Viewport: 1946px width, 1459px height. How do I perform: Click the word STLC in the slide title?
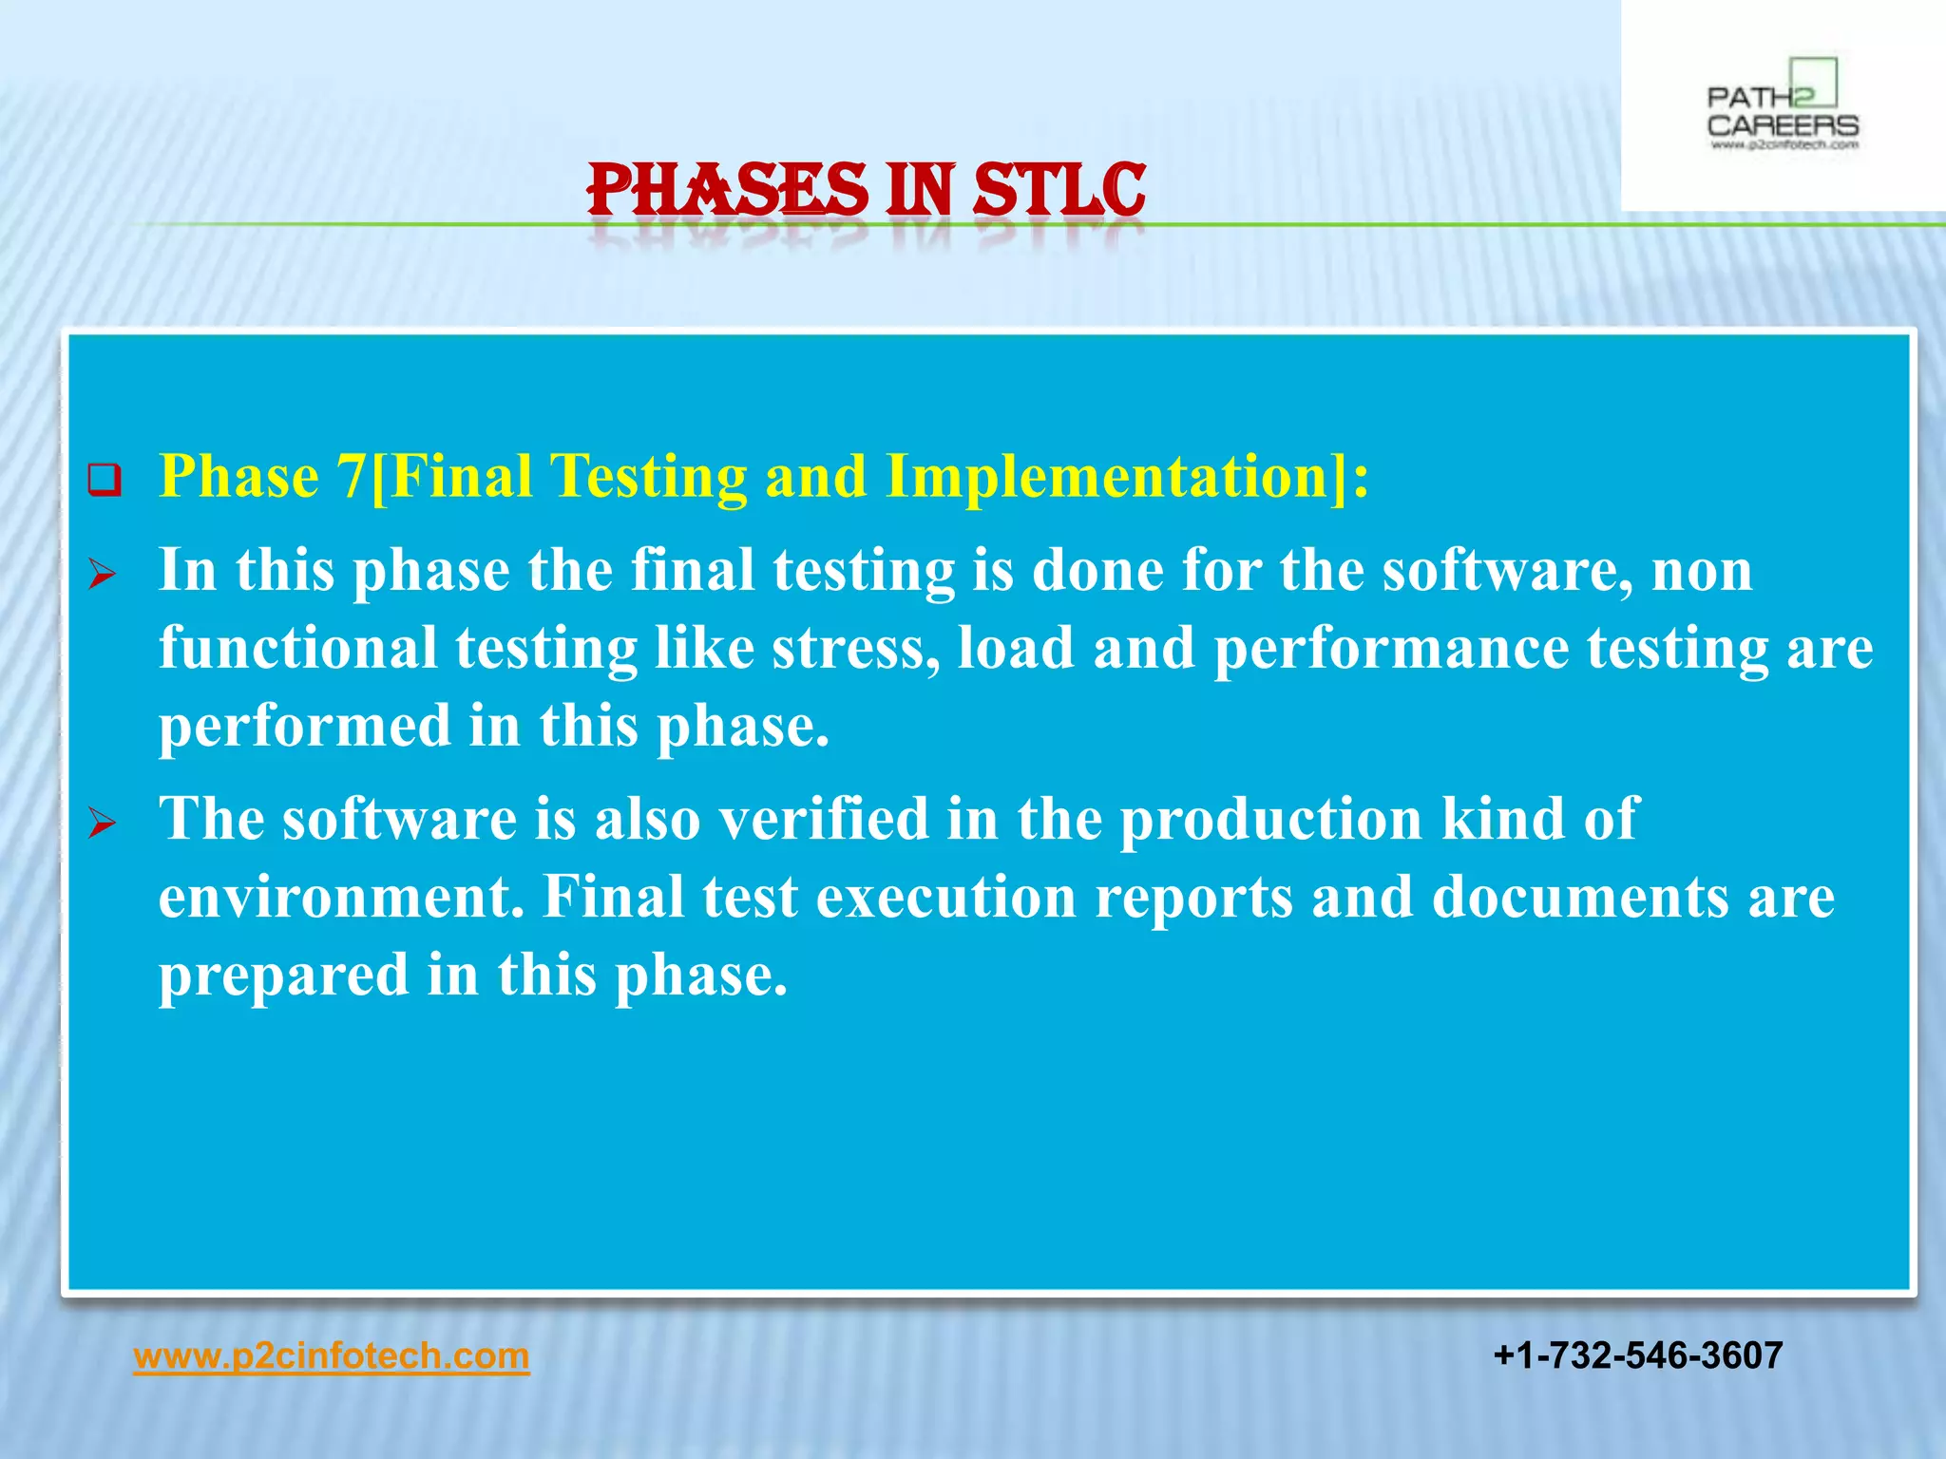[x=1059, y=190]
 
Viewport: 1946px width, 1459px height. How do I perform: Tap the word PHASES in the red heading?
[x=727, y=190]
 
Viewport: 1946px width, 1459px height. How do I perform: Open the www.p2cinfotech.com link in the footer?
[x=331, y=1355]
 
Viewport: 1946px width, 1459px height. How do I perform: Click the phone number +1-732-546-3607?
[x=1637, y=1355]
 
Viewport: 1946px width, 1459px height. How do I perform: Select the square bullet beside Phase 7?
[x=105, y=480]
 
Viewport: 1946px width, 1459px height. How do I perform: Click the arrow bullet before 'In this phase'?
[x=102, y=574]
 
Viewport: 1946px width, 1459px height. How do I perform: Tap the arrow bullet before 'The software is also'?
[x=102, y=823]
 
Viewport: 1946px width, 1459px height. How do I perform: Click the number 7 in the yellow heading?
[x=351, y=476]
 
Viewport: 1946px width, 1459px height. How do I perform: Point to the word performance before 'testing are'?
[x=1391, y=651]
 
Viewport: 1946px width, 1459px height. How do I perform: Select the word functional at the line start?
[x=297, y=649]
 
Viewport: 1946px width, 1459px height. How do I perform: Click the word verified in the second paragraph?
[x=823, y=819]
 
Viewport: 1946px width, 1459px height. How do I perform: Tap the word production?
[x=1270, y=821]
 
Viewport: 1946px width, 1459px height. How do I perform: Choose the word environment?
[x=340, y=898]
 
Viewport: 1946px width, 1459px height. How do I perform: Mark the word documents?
[x=1580, y=898]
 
